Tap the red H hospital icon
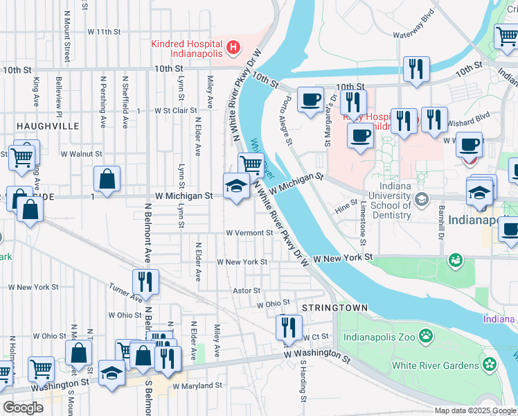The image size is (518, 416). [x=234, y=48]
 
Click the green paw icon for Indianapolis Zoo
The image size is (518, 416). [x=425, y=336]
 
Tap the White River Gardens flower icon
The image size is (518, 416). [x=490, y=364]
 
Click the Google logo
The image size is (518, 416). [x=23, y=408]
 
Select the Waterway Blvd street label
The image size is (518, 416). [x=413, y=22]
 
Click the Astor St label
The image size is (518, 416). [x=247, y=291]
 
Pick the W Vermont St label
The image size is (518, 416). [x=249, y=233]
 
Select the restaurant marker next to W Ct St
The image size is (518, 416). [x=289, y=327]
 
